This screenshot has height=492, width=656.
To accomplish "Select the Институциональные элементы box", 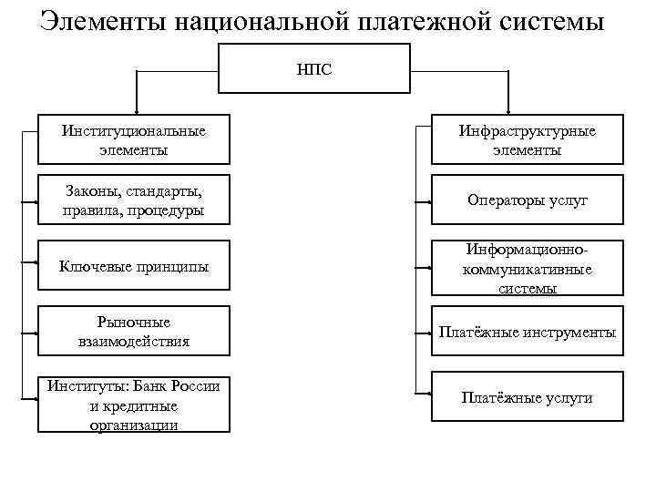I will (x=134, y=139).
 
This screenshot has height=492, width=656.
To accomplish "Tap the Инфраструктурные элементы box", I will (x=528, y=139).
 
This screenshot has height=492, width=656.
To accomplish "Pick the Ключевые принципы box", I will (x=134, y=267).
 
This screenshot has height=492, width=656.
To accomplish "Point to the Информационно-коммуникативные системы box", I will (x=528, y=268).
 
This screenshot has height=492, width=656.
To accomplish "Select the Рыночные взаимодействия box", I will (x=134, y=333).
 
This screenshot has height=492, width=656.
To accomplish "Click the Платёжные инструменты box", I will (x=528, y=333).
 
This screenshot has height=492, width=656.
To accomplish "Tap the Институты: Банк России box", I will (x=134, y=404).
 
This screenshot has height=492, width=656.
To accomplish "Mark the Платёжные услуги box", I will (x=528, y=397).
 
